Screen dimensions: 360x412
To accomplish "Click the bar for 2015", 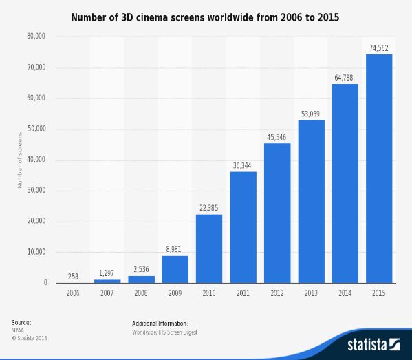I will coord(379,169).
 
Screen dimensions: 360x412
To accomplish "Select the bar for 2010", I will coord(209,248).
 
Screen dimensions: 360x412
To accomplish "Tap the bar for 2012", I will coord(277,213).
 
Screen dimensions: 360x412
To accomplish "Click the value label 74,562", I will coord(379,47).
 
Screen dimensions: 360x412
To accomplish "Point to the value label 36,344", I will coord(243,165).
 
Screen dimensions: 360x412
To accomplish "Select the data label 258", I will coord(73,276).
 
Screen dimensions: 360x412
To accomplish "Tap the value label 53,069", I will coord(311,114).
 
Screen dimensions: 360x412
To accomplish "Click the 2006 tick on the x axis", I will coord(73,293).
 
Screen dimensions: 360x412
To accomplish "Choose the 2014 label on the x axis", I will coord(345,293).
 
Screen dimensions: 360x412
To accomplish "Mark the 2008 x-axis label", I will coord(141,293).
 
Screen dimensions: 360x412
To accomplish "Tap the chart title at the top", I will coord(206,14).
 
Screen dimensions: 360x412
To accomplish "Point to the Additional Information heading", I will coord(160,323).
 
